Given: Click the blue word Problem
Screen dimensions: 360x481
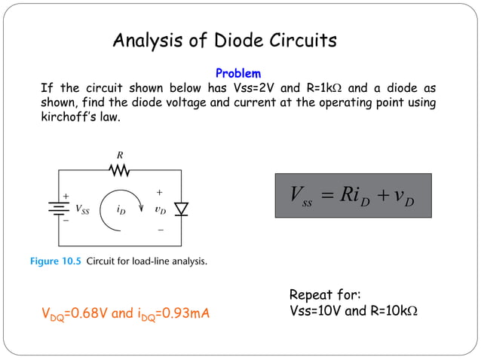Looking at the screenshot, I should (x=238, y=74).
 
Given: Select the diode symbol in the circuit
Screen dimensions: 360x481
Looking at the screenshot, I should (x=181, y=209).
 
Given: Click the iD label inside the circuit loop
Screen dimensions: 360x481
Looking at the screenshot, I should (x=121, y=210).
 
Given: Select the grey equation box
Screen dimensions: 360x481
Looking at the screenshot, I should (x=353, y=196).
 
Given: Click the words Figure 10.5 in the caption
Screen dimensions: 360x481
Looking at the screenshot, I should (x=56, y=262).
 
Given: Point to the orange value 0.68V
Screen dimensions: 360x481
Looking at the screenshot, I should (x=84, y=313).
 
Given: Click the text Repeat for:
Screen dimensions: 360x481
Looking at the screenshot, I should (x=325, y=294).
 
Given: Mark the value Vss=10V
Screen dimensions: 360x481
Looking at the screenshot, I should (x=314, y=310).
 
